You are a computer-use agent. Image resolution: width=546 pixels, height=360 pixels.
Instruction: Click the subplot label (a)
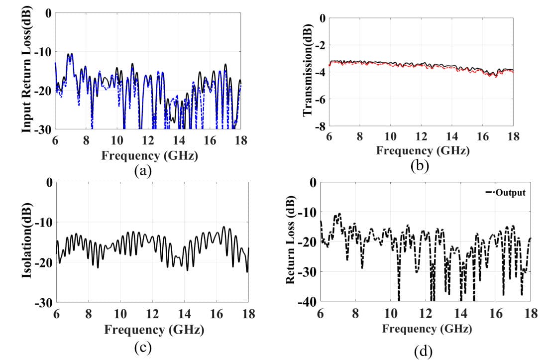click(x=142, y=171)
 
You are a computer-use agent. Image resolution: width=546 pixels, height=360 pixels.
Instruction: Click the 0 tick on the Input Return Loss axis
click(x=48, y=13)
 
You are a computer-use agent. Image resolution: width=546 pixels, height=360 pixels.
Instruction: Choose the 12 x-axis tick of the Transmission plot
click(x=421, y=137)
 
